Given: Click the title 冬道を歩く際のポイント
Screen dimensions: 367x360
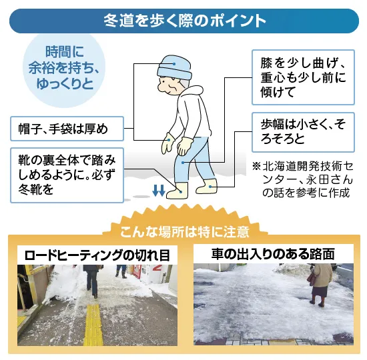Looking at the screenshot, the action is point(185,21).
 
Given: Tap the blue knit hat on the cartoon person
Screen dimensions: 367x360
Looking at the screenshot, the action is point(174,67).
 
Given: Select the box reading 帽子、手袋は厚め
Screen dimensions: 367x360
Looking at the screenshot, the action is point(67,129).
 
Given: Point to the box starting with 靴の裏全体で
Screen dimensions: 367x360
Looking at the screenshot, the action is point(67,175).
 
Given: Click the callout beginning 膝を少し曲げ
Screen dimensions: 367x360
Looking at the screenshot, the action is point(303,77).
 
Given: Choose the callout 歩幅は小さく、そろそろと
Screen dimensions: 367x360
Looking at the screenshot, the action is point(303,132).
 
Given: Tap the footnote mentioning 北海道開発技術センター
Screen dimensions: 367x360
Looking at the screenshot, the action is point(303,179).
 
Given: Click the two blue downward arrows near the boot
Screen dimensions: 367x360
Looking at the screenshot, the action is point(159,190).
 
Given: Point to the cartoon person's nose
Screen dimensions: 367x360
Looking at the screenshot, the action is point(161,88).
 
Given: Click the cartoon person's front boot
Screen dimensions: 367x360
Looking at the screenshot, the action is point(177,191).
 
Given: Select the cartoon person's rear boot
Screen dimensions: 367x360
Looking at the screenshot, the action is point(206,186).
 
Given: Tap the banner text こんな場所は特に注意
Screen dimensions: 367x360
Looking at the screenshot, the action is point(184,231).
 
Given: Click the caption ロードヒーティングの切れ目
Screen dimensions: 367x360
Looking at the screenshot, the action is point(97,255).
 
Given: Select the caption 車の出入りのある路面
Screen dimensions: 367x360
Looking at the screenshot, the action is point(273,254).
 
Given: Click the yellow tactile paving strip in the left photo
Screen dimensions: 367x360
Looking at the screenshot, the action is point(93,325).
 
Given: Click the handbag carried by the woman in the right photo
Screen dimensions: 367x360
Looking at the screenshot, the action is point(312,279).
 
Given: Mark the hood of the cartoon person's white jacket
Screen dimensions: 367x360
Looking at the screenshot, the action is point(192,93).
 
